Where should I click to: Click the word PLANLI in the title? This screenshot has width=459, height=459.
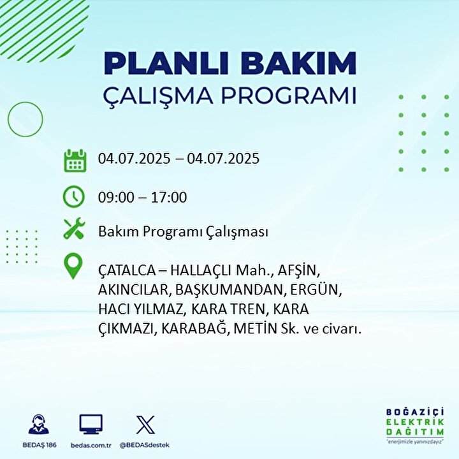click(x=166, y=63)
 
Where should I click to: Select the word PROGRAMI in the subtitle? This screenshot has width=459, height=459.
click(x=289, y=96)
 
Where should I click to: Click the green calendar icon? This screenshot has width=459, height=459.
click(x=75, y=161)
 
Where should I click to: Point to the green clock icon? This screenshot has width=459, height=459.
click(x=74, y=197)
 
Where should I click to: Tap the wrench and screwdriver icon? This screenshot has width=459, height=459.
click(x=75, y=228)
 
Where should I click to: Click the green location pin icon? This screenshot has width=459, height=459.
click(x=73, y=266)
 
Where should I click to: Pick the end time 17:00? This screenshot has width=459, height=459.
click(x=169, y=197)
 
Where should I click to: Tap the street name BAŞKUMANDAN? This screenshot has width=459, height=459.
click(x=229, y=291)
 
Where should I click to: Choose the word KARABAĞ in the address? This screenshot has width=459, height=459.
click(x=194, y=329)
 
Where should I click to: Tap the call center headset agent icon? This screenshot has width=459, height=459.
click(x=39, y=424)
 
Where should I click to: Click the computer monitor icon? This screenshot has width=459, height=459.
click(x=91, y=424)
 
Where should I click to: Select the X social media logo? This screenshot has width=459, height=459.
click(x=145, y=425)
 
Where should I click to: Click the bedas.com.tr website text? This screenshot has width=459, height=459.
click(x=91, y=445)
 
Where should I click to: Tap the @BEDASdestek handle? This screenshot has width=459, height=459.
click(x=145, y=445)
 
